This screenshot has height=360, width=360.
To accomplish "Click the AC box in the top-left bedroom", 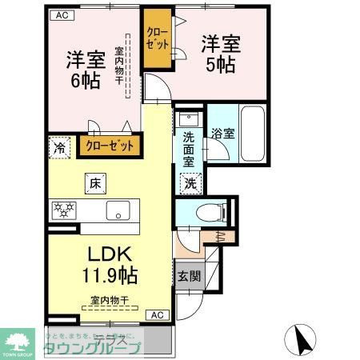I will [x=61, y=15].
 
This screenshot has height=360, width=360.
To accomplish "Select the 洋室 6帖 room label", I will [x=83, y=69].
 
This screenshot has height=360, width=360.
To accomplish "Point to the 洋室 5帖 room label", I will [x=218, y=53].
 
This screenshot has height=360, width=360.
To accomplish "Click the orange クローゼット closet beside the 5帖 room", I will [x=156, y=39].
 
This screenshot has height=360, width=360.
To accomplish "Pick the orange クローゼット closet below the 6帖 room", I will [x=110, y=146].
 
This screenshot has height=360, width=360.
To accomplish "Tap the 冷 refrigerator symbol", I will [x=58, y=146].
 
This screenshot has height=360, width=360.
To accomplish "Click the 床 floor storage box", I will [x=94, y=184].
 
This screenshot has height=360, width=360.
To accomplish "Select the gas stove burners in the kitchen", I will [x=63, y=210].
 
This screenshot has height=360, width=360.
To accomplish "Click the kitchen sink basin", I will [x=117, y=211].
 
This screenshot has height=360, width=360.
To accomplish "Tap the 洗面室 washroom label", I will [x=189, y=148].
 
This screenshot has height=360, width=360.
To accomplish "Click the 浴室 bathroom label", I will [x=222, y=134].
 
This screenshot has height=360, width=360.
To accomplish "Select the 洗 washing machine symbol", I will [x=192, y=182].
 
